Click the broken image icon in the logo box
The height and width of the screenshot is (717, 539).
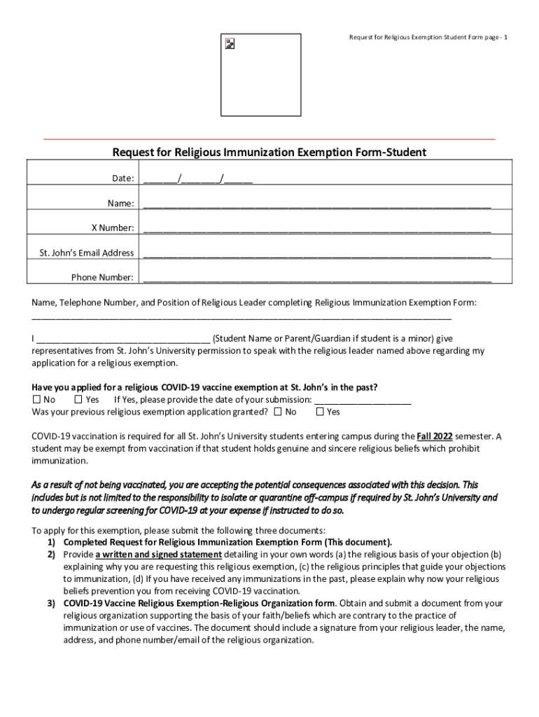click(230, 43)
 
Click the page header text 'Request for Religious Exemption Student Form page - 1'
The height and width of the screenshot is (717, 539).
click(423, 36)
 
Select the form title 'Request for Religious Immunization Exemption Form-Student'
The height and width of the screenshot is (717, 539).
click(269, 152)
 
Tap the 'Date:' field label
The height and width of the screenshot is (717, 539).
click(123, 179)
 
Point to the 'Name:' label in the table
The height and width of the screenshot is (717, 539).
click(120, 203)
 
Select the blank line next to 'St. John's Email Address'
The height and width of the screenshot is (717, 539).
click(317, 253)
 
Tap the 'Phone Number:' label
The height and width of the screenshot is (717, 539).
click(102, 277)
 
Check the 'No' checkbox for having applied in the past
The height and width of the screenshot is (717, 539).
click(37, 400)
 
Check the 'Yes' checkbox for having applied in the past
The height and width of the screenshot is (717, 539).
click(78, 400)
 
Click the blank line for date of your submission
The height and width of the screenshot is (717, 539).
click(363, 400)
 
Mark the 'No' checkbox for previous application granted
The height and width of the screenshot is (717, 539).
click(279, 412)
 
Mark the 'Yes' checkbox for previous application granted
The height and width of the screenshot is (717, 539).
click(320, 412)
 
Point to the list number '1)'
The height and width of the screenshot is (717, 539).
click(52, 543)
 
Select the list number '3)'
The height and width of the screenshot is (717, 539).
click(52, 603)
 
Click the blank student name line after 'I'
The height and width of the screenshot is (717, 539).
click(122, 339)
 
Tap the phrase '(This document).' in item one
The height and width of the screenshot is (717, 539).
click(357, 543)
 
